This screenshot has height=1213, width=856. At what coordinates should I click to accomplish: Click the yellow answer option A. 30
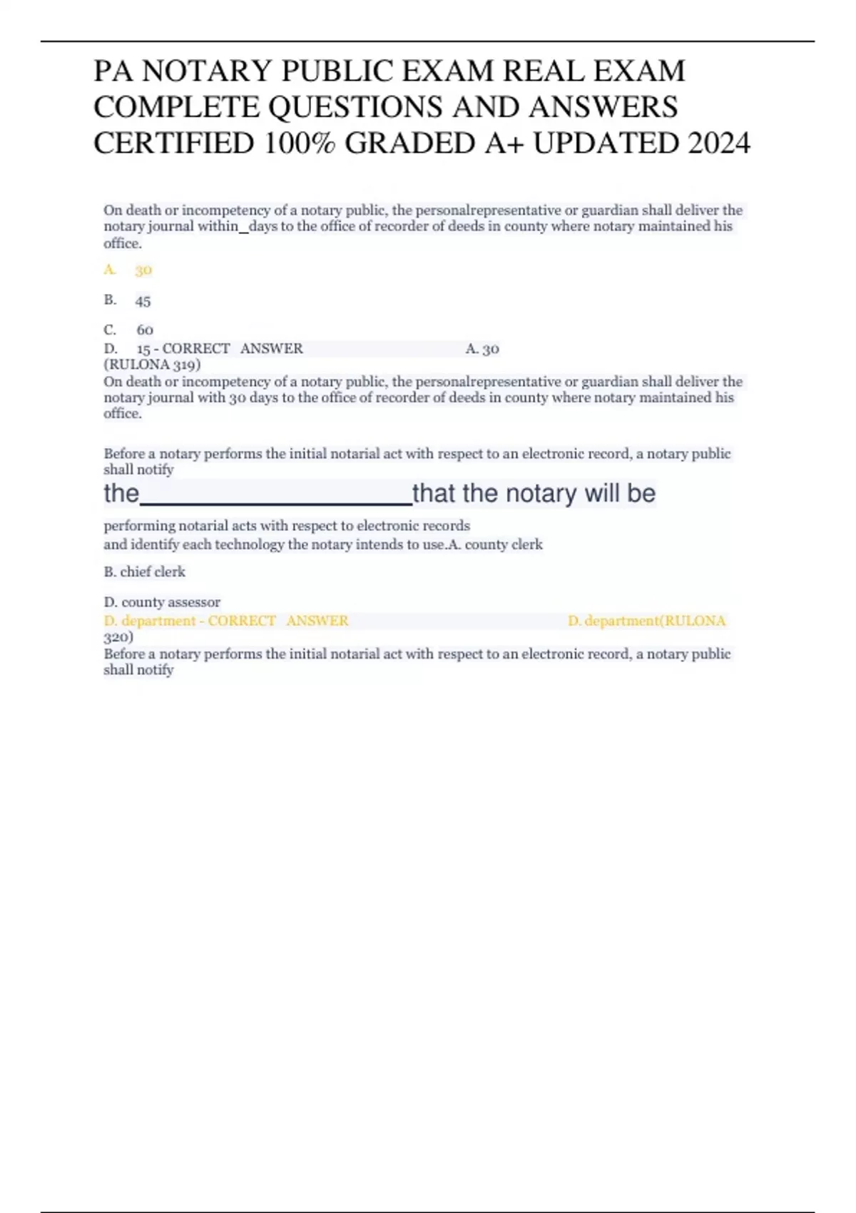pos(128,270)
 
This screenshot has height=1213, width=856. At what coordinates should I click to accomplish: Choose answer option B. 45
pos(128,300)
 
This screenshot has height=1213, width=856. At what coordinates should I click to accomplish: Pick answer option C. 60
pos(128,330)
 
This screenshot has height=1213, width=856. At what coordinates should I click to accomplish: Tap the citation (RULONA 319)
pos(152,365)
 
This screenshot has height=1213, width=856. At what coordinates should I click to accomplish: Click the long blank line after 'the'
pos(276,495)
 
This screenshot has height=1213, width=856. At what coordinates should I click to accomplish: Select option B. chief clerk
pos(144,572)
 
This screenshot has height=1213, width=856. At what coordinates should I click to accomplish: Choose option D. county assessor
pos(162,602)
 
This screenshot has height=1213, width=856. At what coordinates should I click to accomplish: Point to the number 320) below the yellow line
pos(118,636)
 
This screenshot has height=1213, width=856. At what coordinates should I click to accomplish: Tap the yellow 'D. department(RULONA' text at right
pos(646,621)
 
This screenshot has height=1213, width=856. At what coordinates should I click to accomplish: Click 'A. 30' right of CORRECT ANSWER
pos(482,349)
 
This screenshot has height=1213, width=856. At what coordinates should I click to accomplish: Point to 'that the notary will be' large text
pos(534,493)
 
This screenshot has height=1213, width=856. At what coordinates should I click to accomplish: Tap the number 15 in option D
pos(143,349)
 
